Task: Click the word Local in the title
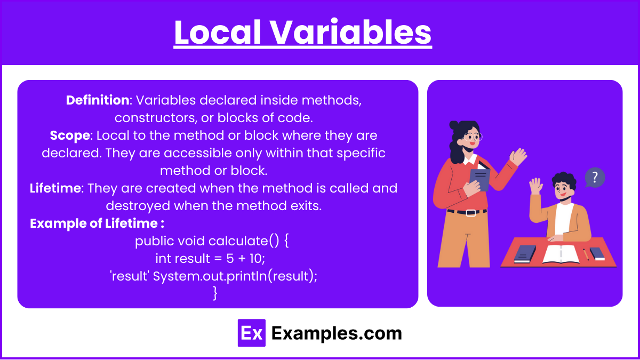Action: (x=218, y=32)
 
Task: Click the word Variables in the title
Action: (x=351, y=32)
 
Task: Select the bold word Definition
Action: (x=98, y=100)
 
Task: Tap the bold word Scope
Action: (x=70, y=135)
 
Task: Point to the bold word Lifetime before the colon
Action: (x=55, y=188)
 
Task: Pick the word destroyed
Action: (x=138, y=206)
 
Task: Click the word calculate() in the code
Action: (x=244, y=241)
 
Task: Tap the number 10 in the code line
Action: (x=257, y=259)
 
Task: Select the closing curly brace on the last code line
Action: (x=215, y=293)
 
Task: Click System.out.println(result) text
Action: (x=234, y=276)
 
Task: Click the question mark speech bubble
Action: (x=595, y=178)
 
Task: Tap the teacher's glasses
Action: (x=473, y=137)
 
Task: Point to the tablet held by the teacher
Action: (x=480, y=179)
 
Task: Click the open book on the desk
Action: (x=561, y=254)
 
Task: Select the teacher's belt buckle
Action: (x=471, y=213)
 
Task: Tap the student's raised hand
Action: (x=535, y=186)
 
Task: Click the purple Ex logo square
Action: (x=251, y=333)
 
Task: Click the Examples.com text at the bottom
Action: (x=337, y=333)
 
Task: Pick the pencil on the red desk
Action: (x=586, y=254)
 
